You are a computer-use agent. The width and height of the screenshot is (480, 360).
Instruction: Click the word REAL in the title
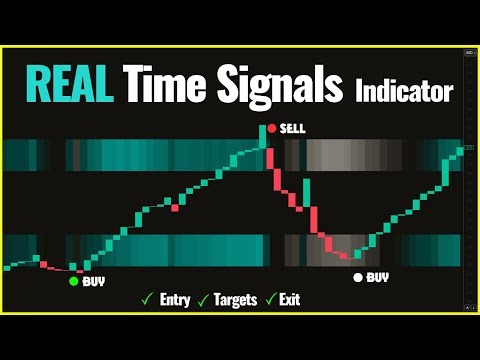[68, 84]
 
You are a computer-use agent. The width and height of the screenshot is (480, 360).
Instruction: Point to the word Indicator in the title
[404, 90]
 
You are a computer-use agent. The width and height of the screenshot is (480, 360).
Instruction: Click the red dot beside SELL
[270, 128]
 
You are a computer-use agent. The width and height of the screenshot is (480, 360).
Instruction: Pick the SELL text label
[293, 128]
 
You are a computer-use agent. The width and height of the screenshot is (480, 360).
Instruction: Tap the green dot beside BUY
[73, 282]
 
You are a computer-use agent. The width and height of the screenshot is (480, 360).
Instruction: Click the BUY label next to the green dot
[94, 282]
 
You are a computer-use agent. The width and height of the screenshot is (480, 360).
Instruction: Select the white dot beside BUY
[357, 277]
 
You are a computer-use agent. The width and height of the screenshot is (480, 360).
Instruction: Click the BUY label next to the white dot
[378, 277]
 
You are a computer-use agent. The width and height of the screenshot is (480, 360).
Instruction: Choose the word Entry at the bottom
[175, 299]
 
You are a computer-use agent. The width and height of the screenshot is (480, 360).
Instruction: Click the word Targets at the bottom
[235, 299]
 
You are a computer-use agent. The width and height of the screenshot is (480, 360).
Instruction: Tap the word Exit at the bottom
[289, 299]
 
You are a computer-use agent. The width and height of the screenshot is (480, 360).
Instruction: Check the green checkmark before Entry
[147, 299]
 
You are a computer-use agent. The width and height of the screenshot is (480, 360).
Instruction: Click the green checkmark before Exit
[270, 299]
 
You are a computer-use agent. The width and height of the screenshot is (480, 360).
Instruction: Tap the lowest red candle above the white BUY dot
[346, 255]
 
